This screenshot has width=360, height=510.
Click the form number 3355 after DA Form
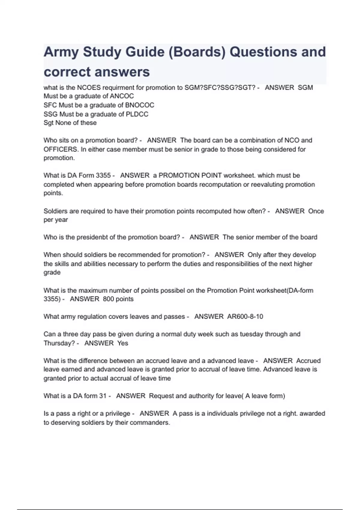pyautogui.click(x=103, y=175)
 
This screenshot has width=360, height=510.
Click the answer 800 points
pyautogui.click(x=118, y=299)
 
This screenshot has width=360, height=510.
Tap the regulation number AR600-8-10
pyautogui.click(x=245, y=316)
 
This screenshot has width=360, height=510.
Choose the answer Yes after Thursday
pyautogui.click(x=123, y=343)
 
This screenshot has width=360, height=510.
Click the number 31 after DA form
pyautogui.click(x=103, y=396)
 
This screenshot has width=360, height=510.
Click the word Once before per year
pyautogui.click(x=316, y=211)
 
